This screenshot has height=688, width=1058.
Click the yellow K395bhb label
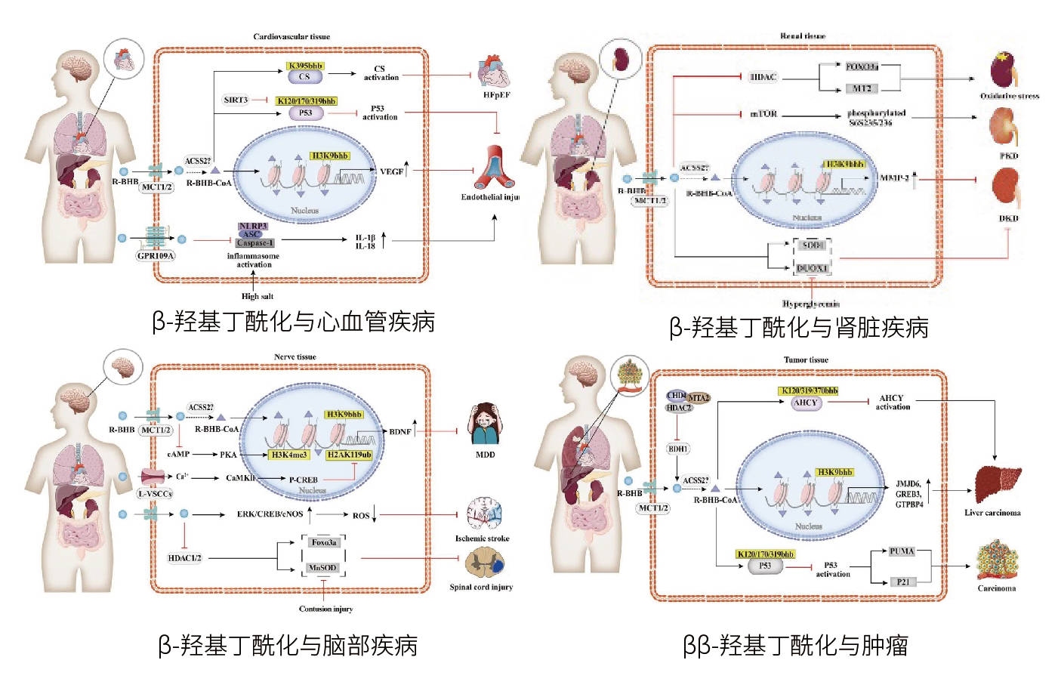click(305, 66)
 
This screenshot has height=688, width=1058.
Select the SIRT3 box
click(236, 100)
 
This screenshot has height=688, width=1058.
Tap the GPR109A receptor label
click(156, 256)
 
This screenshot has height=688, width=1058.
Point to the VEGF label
click(391, 171)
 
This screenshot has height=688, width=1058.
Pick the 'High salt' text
click(258, 296)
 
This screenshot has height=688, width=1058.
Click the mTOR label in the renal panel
click(763, 114)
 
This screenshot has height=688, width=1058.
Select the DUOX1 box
click(812, 268)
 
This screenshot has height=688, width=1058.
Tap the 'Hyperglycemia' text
click(811, 304)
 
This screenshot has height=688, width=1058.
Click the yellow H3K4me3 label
click(289, 455)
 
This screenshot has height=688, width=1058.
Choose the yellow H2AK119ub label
click(349, 455)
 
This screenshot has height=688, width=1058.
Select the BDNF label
click(400, 432)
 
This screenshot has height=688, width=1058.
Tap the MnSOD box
click(322, 568)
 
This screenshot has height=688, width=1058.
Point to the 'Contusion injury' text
click(325, 609)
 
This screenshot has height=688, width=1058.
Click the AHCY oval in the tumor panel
click(806, 403)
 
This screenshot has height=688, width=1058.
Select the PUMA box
click(902, 551)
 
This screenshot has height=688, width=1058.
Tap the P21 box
click(903, 582)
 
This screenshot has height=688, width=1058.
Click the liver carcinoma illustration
click(996, 483)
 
